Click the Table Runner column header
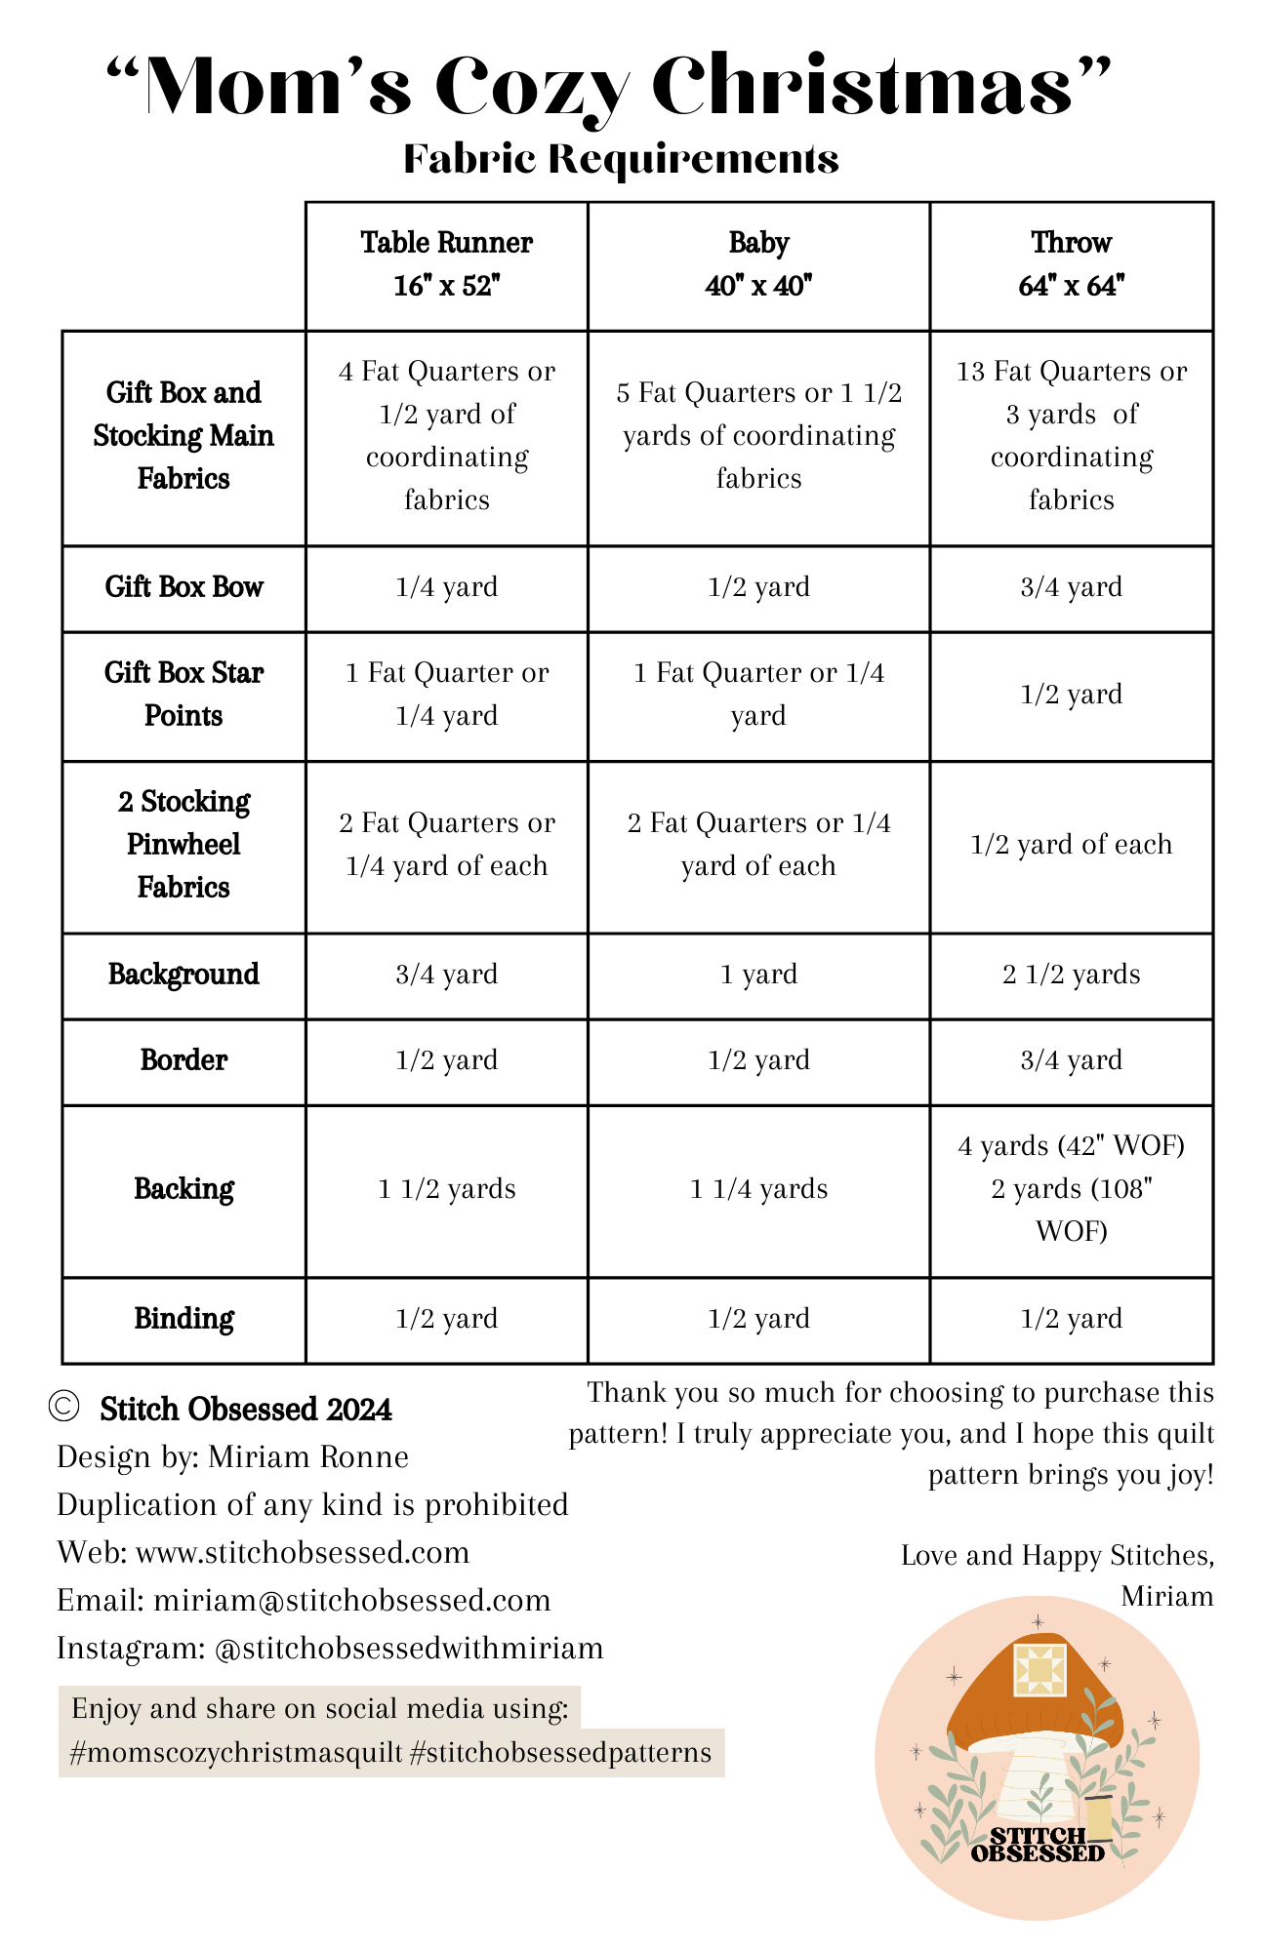tap(446, 264)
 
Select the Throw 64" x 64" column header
tap(1071, 264)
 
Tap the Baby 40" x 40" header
tap(758, 264)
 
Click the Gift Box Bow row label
tap(183, 587)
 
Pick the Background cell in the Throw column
tap(1071, 975)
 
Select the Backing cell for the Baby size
tap(758, 1189)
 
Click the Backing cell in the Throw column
tap(1071, 1189)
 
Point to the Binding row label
tap(183, 1319)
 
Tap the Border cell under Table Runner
tap(446, 1060)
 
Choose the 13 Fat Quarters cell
tap(1071, 435)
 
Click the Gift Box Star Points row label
tap(183, 695)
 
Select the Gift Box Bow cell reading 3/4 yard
tap(1071, 587)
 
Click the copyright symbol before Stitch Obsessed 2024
tap(63, 1408)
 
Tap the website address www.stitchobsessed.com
tap(303, 1552)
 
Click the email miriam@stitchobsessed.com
tap(351, 1600)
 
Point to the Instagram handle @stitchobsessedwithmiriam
tap(408, 1648)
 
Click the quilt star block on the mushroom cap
tap(1039, 1669)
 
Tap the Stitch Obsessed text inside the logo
tap(1039, 1845)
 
